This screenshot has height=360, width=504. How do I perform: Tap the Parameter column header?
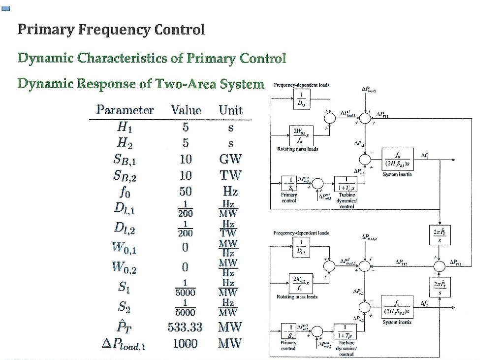coord(125,110)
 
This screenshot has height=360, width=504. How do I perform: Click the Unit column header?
coord(231,110)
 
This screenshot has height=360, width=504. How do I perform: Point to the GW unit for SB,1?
coord(231,159)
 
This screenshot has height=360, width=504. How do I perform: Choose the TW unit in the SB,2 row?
coord(231,175)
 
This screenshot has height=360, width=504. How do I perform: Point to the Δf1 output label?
coord(424,154)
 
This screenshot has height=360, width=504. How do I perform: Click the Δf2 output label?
coord(424,303)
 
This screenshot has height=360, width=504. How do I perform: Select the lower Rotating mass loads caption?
coord(297,297)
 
